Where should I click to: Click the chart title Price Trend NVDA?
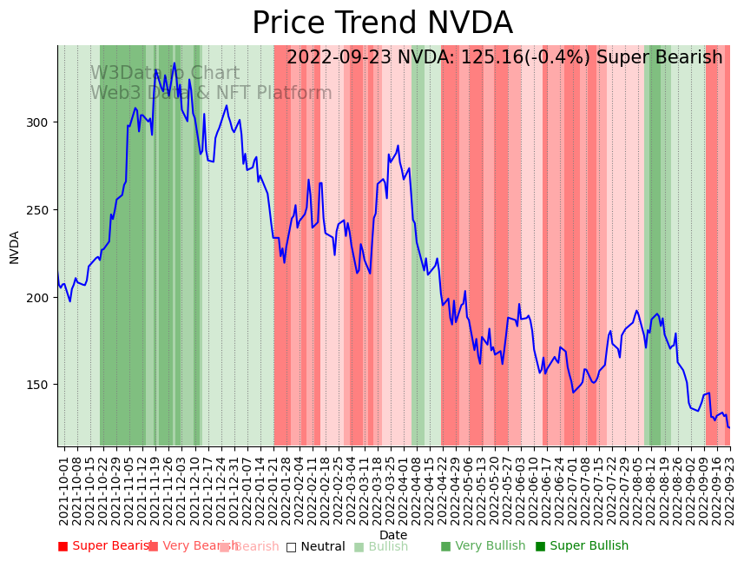point(382,23)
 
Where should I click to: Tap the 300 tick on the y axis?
point(42,122)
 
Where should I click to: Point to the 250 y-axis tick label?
point(42,210)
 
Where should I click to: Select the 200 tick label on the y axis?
point(42,298)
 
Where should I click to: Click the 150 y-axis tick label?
point(42,385)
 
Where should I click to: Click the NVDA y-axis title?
point(15,247)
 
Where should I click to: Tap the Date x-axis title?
point(393,535)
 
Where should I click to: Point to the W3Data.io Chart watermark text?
point(165,74)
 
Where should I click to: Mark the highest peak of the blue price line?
point(174,63)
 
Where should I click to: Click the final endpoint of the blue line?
point(729,427)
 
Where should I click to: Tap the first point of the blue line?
point(58,275)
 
